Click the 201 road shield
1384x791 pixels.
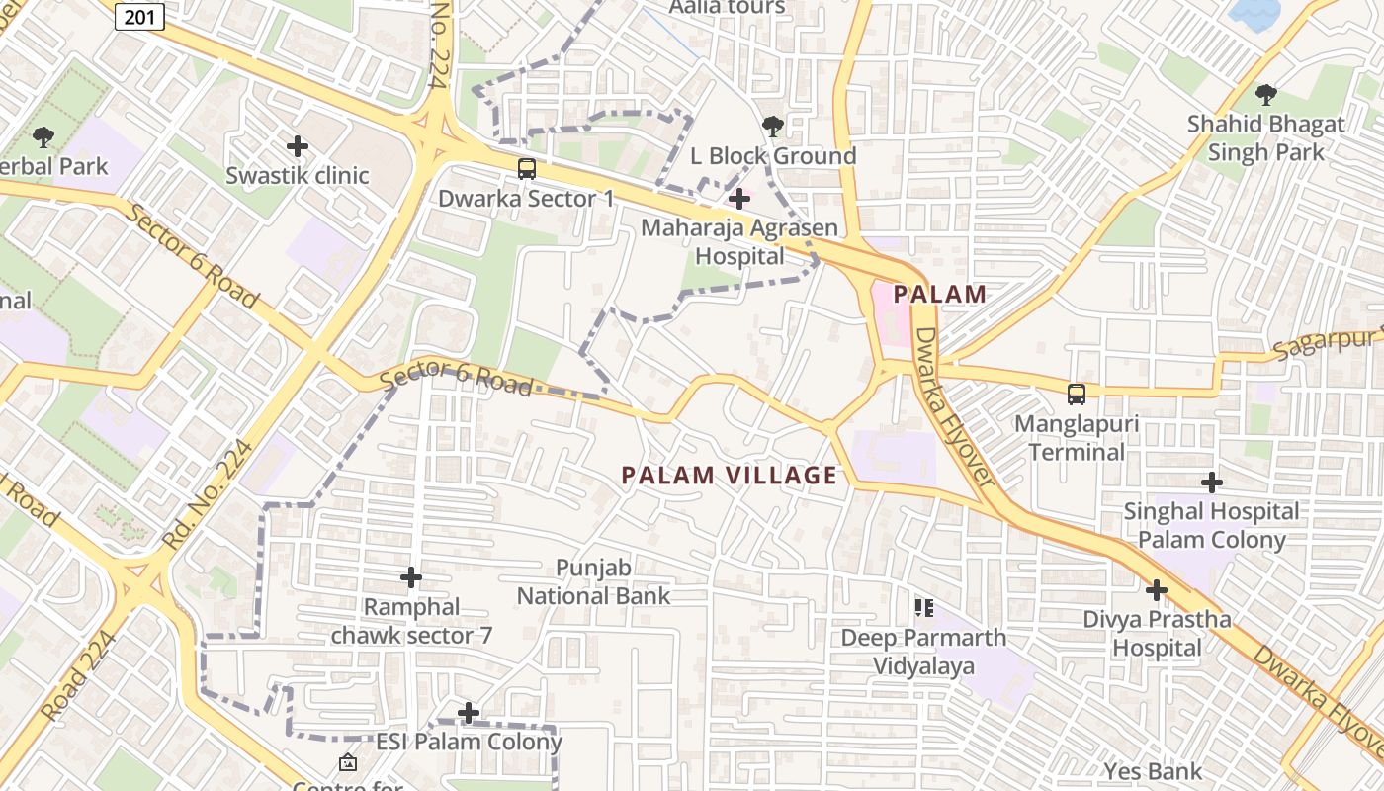pyautogui.click(x=139, y=17)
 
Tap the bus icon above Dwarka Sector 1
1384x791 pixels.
pyautogui.click(x=527, y=169)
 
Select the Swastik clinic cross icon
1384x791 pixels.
pyautogui.click(x=297, y=146)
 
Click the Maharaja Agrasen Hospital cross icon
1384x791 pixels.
pyautogui.click(x=738, y=199)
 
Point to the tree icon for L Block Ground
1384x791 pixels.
pyautogui.click(x=773, y=127)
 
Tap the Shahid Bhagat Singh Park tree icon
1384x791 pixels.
pyautogui.click(x=1265, y=95)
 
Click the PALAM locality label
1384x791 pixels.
pyautogui.click(x=940, y=294)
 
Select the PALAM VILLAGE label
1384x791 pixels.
pyautogui.click(x=730, y=476)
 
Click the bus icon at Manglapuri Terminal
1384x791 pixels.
pyautogui.click(x=1077, y=394)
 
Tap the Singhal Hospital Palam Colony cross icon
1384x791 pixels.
pyautogui.click(x=1211, y=483)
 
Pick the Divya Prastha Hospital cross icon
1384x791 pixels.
pyautogui.click(x=1157, y=590)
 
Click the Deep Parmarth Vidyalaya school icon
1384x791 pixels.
pyautogui.click(x=924, y=607)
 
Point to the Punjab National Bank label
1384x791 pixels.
pyautogui.click(x=593, y=581)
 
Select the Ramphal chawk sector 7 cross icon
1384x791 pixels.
pyautogui.click(x=411, y=576)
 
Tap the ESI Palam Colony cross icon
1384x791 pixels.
pyautogui.click(x=469, y=712)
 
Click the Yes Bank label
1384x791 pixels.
pyautogui.click(x=1153, y=771)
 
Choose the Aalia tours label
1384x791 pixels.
pyautogui.click(x=727, y=8)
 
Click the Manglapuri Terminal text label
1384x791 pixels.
pyautogui.click(x=1077, y=438)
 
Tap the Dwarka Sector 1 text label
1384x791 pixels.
pyautogui.click(x=526, y=199)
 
